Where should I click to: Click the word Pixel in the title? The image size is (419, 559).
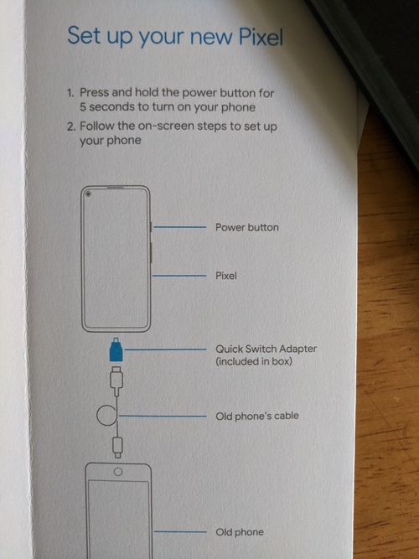261,36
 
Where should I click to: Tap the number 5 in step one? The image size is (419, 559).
83,107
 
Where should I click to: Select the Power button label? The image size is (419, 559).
246,227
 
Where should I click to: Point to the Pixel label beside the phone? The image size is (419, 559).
226,276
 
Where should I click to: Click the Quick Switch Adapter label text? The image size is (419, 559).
266,349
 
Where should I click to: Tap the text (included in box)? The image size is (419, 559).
254,361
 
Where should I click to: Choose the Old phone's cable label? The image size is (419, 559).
257,416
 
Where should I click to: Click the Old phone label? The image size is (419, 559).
240,532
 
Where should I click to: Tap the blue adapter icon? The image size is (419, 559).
116,349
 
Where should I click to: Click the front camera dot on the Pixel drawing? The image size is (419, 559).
88,194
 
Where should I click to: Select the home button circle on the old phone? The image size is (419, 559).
117,472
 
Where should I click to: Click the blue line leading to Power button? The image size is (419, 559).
179,227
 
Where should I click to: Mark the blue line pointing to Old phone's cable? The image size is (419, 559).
163,416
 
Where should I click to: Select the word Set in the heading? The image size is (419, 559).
84,35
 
